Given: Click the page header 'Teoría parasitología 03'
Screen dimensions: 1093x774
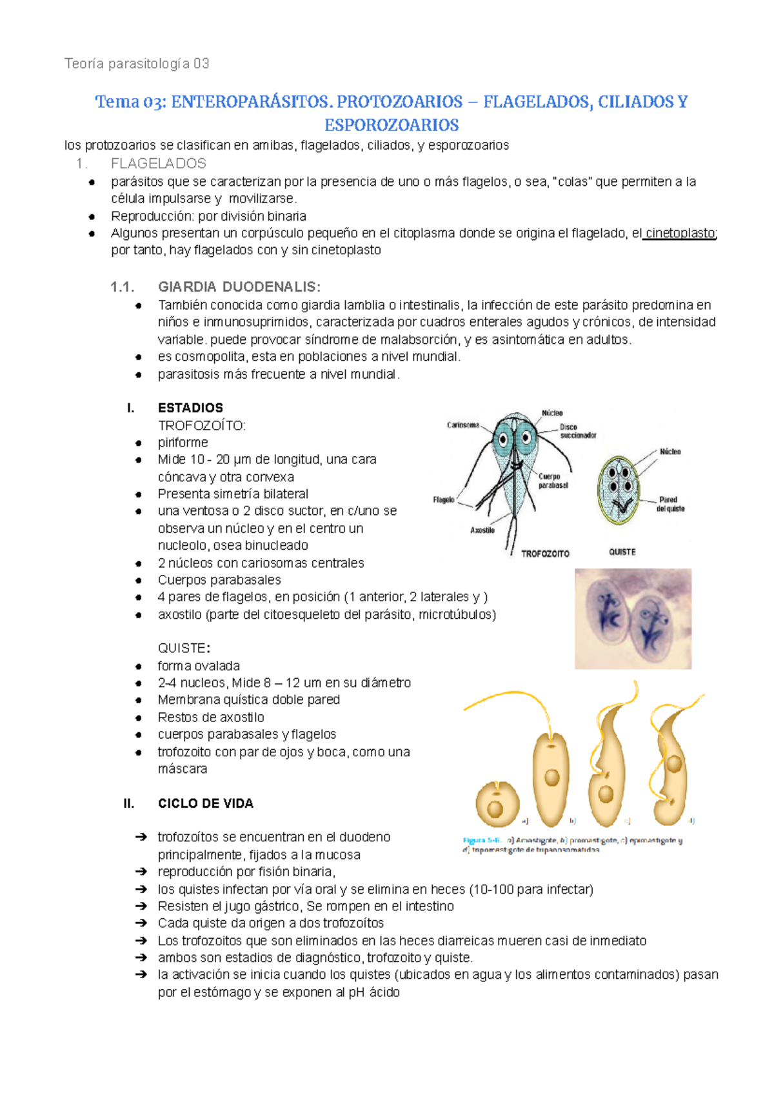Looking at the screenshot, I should tap(137, 63).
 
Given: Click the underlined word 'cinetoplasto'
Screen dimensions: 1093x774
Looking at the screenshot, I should tap(680, 234).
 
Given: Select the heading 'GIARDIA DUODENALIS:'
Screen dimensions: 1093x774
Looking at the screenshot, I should tap(239, 287).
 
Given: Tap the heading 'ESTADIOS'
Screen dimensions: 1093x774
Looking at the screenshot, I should tap(190, 408).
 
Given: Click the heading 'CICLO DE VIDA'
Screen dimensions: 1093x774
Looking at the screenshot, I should tap(205, 803).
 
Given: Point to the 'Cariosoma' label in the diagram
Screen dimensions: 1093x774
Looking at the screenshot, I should tap(462, 425).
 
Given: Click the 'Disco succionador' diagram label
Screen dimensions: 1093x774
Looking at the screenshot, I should tap(577, 431).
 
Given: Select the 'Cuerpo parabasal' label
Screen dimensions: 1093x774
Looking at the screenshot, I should tap(553, 481).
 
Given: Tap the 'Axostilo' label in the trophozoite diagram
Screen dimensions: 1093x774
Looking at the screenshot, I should tap(482, 530).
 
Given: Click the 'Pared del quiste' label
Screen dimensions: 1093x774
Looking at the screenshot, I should tap(671, 504).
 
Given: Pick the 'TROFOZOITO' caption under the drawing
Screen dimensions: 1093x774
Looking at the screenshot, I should tap(545, 554).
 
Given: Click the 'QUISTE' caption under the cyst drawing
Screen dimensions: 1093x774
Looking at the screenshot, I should tap(622, 552).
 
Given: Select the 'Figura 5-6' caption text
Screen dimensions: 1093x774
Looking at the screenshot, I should tap(481, 840).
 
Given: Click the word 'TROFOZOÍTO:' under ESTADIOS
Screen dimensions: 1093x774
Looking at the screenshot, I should tap(201, 426).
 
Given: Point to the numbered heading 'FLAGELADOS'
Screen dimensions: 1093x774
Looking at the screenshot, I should tap(158, 164).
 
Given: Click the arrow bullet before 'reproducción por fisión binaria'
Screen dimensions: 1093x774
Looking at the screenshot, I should tap(141, 872).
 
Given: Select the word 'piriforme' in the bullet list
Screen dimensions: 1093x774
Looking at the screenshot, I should tap(183, 443).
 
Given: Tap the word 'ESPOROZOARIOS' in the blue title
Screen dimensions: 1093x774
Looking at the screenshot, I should tap(392, 125).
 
